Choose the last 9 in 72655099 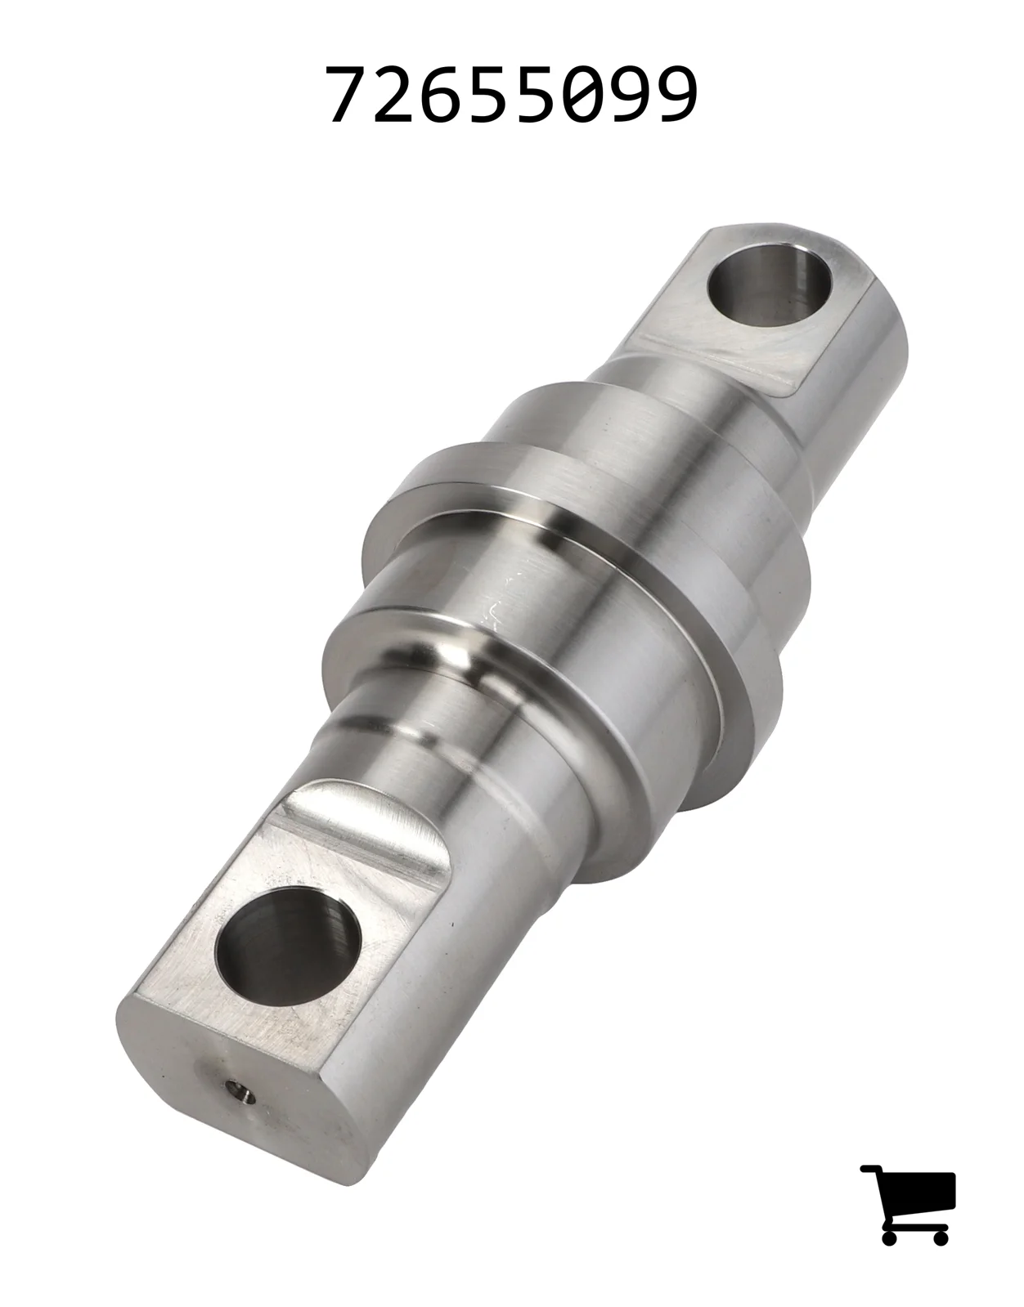tap(676, 95)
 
